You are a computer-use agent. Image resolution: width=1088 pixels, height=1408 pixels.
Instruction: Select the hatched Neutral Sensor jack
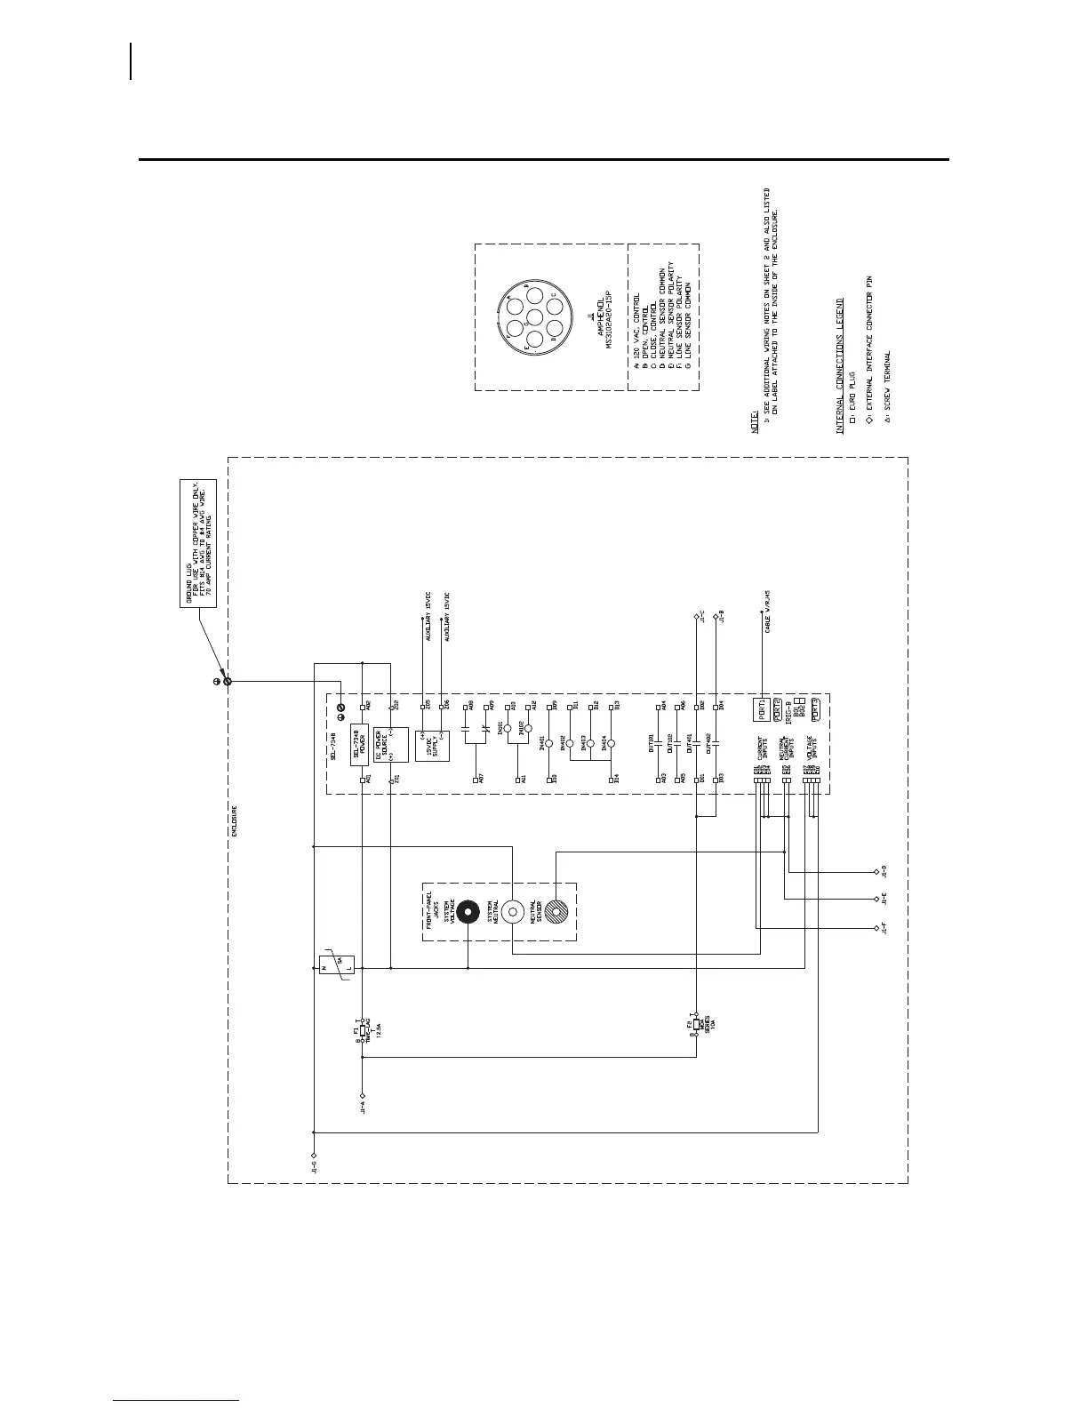[556, 911]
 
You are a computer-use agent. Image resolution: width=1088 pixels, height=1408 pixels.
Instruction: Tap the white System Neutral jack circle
[513, 912]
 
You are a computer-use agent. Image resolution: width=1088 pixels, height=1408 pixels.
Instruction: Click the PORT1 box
[761, 708]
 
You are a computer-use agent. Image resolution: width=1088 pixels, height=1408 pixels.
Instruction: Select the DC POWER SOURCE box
[390, 744]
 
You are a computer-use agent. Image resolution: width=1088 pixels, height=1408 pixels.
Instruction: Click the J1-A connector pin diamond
[362, 1096]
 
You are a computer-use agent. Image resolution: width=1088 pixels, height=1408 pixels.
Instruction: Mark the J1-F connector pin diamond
[876, 929]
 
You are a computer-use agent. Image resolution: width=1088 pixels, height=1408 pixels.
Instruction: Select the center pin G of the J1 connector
[533, 317]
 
